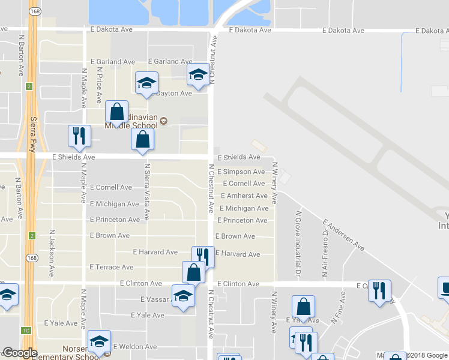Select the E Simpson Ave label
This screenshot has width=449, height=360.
click(x=241, y=172)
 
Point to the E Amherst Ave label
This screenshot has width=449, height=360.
click(x=244, y=196)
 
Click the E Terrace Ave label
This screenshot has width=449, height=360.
click(x=111, y=266)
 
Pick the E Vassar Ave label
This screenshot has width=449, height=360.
click(x=152, y=299)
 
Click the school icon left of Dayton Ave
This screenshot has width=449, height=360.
click(x=145, y=83)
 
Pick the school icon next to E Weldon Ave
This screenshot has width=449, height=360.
click(x=99, y=341)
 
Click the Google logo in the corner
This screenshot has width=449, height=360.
click(x=20, y=353)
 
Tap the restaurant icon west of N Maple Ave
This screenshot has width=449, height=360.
click(x=79, y=136)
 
